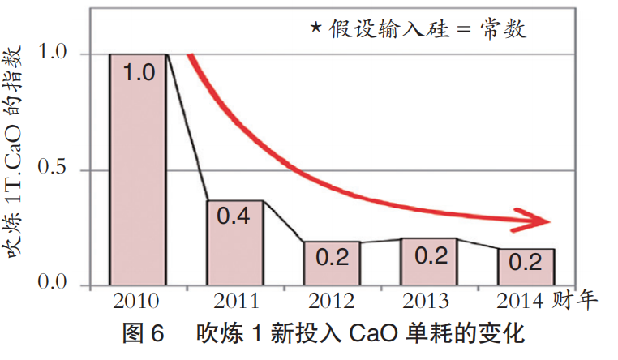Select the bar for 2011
(x=234, y=243)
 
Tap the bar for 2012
(x=332, y=264)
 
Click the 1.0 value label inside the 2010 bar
(x=138, y=73)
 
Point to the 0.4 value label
(x=234, y=217)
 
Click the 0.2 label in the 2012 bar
(x=332, y=258)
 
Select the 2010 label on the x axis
(x=138, y=302)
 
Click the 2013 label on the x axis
(x=429, y=302)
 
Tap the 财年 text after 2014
(x=577, y=302)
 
